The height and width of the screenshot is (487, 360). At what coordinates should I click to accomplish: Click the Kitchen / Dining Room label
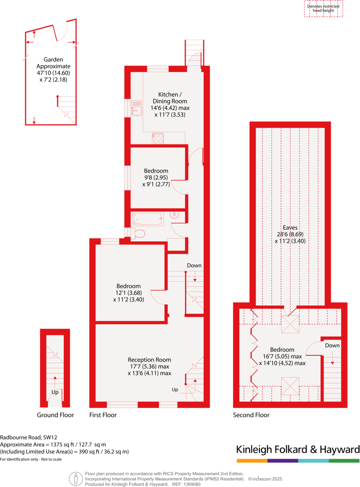(172, 98)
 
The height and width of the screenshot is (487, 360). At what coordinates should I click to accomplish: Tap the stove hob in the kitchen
(157, 138)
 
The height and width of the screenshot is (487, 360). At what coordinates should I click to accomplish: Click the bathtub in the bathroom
(147, 219)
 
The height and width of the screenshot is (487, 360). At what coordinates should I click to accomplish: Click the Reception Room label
(149, 360)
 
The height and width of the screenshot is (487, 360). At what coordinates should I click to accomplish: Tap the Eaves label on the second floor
(290, 227)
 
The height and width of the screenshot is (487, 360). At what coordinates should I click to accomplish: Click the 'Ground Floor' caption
(55, 415)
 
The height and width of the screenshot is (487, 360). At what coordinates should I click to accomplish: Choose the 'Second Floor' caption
(251, 415)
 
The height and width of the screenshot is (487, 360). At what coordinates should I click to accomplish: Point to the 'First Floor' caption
(103, 415)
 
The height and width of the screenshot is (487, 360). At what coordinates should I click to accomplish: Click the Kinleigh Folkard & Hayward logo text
(298, 449)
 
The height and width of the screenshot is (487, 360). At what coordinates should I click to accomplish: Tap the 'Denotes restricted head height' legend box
(323, 9)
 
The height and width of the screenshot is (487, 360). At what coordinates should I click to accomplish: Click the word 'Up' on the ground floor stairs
(55, 392)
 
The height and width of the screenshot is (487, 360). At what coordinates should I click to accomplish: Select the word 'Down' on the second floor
(332, 345)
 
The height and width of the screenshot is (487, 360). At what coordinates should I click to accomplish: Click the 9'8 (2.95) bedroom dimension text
(156, 177)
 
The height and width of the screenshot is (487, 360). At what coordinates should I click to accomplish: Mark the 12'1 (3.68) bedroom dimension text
(129, 293)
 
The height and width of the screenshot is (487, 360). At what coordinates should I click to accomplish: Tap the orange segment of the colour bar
(252, 461)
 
